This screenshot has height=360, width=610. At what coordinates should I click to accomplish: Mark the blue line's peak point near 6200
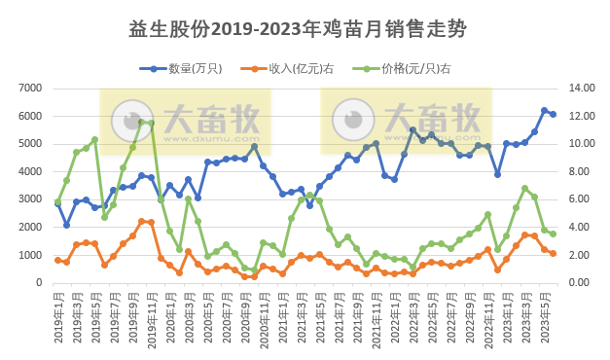tap(545, 111)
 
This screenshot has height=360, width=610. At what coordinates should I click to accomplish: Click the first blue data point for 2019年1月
tap(57, 203)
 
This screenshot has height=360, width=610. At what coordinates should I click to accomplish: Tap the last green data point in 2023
tap(554, 234)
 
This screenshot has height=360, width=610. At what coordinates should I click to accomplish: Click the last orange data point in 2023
tap(554, 253)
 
